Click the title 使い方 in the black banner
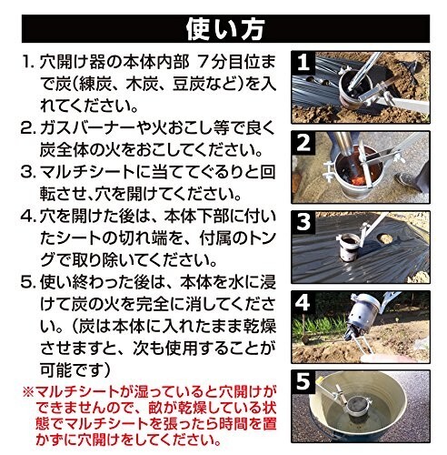click(x=225, y=29)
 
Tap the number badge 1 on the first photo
click(x=303, y=63)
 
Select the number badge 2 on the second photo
click(x=303, y=143)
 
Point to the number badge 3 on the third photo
click(x=303, y=222)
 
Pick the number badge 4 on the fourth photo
click(x=303, y=302)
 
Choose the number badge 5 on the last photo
click(x=303, y=381)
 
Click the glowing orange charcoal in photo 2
click(x=359, y=180)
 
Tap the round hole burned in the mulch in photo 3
click(x=385, y=238)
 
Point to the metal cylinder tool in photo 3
click(x=350, y=248)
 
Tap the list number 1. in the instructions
click(x=28, y=62)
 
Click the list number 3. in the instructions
click(x=28, y=172)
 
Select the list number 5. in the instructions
click(x=28, y=283)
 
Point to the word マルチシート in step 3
click(x=87, y=172)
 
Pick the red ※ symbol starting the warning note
click(x=28, y=392)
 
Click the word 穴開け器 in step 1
click(x=71, y=62)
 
